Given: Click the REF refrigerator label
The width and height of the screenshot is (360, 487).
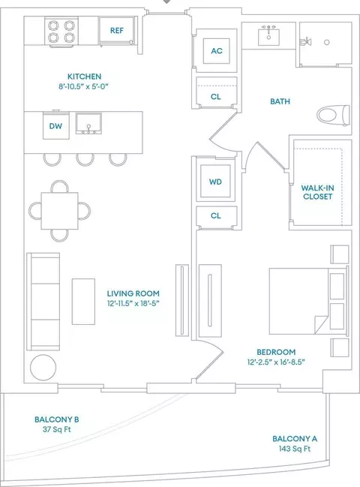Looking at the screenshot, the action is click(x=117, y=31).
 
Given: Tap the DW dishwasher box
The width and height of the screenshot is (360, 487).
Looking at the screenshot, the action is click(x=55, y=125).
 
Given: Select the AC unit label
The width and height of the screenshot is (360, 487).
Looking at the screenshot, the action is click(x=217, y=51).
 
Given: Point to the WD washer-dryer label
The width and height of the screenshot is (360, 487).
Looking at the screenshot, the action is click(x=216, y=182).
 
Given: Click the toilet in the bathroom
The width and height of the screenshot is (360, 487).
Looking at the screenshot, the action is click(x=333, y=115).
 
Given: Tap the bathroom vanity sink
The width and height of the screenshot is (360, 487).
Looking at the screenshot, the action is click(x=268, y=36).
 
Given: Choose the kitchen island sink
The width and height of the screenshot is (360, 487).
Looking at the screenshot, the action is click(x=88, y=124).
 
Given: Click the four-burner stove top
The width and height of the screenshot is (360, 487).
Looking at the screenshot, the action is click(x=61, y=32).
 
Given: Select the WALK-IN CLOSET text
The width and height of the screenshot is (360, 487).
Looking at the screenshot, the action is click(x=318, y=192).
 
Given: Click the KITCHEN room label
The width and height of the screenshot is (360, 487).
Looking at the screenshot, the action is click(x=85, y=77).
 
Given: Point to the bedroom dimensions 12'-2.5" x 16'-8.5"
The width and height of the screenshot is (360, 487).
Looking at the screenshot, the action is click(x=276, y=362).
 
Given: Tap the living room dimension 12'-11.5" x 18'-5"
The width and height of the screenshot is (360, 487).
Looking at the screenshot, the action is click(x=133, y=303).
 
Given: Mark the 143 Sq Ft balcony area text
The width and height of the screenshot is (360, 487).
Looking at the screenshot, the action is click(x=295, y=449).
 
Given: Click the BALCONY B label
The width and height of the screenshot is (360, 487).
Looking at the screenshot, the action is click(x=57, y=419).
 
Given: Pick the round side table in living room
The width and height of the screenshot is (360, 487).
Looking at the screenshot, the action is click(x=43, y=368).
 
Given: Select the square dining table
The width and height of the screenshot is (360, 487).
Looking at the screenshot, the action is click(x=59, y=211).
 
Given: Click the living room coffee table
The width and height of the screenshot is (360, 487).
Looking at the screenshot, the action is click(x=83, y=302).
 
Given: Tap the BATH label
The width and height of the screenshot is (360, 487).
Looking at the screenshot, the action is click(x=280, y=101).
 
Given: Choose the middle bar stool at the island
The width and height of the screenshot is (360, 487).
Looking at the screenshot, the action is click(x=85, y=159).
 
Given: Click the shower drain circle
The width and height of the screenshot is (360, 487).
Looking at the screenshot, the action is click(x=327, y=42).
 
